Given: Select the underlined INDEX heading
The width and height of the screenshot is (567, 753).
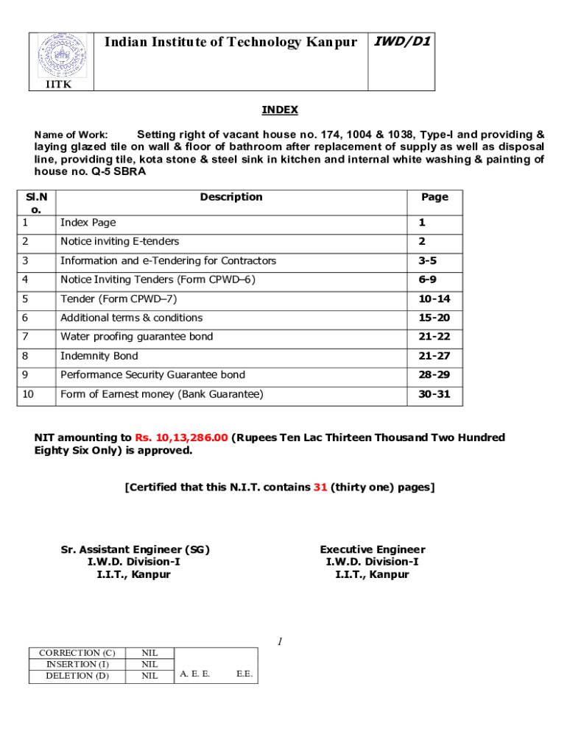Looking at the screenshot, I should (280, 110).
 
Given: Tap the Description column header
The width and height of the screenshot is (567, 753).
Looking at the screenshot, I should (230, 197).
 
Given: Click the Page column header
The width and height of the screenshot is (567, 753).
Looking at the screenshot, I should (434, 197).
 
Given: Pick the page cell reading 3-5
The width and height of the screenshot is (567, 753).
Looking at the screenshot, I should (434, 261).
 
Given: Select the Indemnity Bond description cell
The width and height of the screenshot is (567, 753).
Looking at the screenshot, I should (99, 356).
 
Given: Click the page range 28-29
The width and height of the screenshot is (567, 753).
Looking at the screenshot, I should (434, 375).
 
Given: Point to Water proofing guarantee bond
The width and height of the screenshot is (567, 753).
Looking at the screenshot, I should (137, 337).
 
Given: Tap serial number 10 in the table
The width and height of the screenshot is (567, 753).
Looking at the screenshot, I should (28, 394).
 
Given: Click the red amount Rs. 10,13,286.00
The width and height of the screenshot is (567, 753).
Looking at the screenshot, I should (181, 438).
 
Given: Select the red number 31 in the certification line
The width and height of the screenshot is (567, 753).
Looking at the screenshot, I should (320, 487).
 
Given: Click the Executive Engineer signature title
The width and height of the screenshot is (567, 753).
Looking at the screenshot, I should (372, 550).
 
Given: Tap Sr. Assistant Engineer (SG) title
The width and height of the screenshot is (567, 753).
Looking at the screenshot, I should (135, 550).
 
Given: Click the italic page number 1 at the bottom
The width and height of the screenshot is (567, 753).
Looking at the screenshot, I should (281, 642).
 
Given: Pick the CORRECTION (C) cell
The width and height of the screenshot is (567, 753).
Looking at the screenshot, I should (77, 653).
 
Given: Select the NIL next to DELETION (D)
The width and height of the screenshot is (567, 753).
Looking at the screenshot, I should (149, 676).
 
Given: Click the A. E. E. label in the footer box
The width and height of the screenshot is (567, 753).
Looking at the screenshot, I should (195, 674).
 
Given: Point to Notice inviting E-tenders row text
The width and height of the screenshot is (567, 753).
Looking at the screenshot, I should (119, 241).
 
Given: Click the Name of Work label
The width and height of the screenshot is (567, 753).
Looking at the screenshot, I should (71, 135).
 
